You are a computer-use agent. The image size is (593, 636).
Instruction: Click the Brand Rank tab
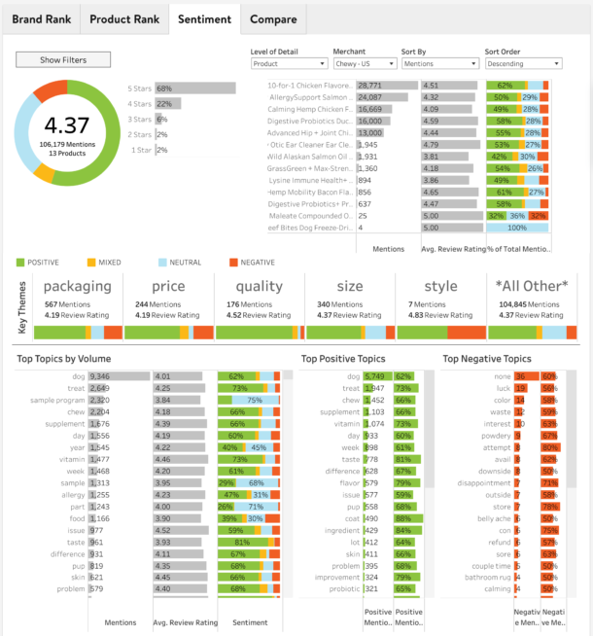click(x=40, y=18)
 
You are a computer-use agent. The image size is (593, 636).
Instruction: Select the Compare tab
click(x=273, y=18)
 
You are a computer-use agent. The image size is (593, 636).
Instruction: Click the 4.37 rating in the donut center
click(x=67, y=124)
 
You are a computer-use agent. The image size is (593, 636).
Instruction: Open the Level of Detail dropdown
click(x=288, y=64)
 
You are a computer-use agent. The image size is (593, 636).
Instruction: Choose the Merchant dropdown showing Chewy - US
click(x=363, y=64)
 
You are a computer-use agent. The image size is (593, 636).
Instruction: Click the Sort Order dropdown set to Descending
click(x=522, y=64)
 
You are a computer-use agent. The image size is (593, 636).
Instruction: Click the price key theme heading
click(x=167, y=287)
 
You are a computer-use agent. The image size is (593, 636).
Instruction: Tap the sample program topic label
click(x=56, y=400)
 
